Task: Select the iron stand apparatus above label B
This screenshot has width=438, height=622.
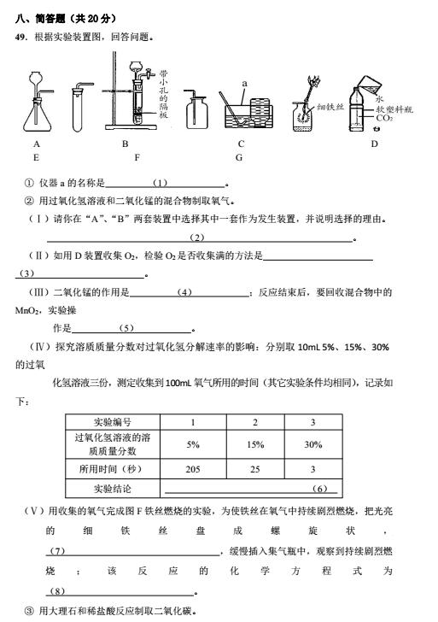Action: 128,94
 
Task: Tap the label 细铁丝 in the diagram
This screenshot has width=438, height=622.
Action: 329,107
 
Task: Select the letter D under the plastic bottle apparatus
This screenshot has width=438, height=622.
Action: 374,144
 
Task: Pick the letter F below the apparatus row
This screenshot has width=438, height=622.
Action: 137,158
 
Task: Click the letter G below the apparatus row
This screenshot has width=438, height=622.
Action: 239,158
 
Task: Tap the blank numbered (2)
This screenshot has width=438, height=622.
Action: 198,237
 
